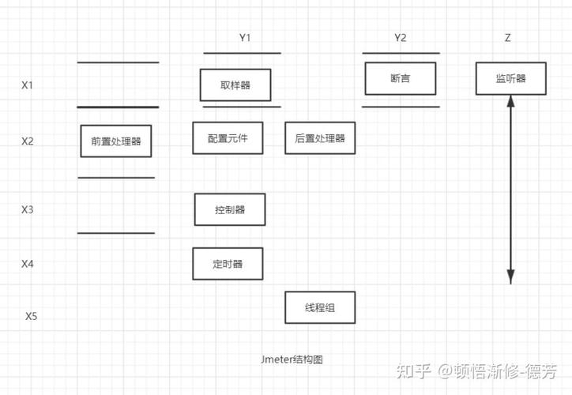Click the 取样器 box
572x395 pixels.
235,85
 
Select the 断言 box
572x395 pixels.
401,78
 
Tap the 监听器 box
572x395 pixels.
510,78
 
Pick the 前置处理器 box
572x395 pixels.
116,141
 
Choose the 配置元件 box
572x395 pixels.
228,138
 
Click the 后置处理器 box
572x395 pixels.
320,138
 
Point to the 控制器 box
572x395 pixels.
230,209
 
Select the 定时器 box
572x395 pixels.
228,264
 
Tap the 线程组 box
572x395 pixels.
320,307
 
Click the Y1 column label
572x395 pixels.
245,38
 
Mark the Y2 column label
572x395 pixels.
401,38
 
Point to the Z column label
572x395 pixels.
507,38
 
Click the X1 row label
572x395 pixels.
28,85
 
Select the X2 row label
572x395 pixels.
28,141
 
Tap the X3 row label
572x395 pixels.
28,209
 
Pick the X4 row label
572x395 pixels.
28,263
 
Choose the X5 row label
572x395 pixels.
32,316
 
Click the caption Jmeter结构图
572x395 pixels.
292,359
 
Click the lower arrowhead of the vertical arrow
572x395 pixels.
511,276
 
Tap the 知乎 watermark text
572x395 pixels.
415,370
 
